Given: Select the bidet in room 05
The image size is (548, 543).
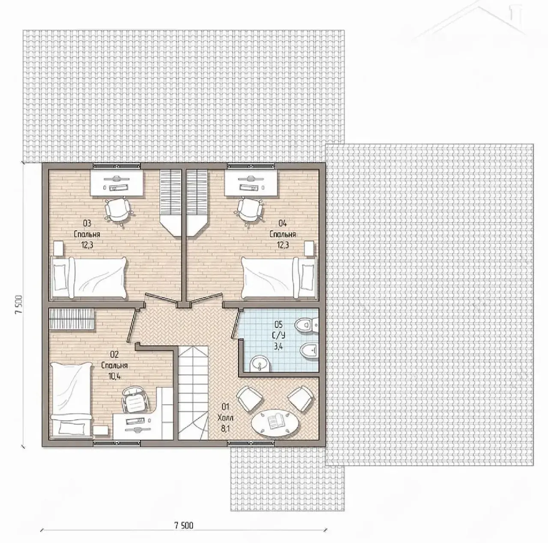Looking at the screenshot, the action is tap(309, 350).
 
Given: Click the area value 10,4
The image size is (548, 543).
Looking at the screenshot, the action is tap(114, 376).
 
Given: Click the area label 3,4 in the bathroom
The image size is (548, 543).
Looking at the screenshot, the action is tap(279, 347).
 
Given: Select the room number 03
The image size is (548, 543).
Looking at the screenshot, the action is tap(87, 223).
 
